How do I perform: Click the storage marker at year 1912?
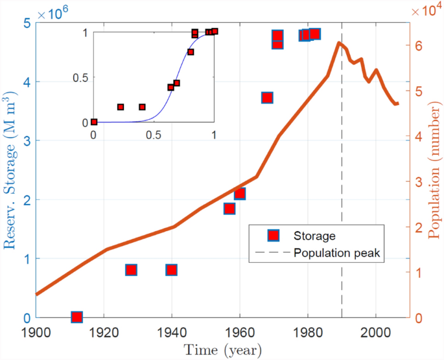tap(76, 317)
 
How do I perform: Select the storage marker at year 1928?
tap(131, 269)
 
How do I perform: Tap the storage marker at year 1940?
tap(172, 269)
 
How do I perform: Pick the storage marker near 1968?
tap(267, 97)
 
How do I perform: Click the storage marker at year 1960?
tap(240, 194)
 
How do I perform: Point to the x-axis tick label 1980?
tap(308, 332)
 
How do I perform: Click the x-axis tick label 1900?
tap(36, 332)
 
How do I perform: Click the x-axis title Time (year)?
tap(223, 351)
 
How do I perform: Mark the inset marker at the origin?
tap(94, 122)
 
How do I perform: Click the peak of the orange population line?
tap(339, 43)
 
